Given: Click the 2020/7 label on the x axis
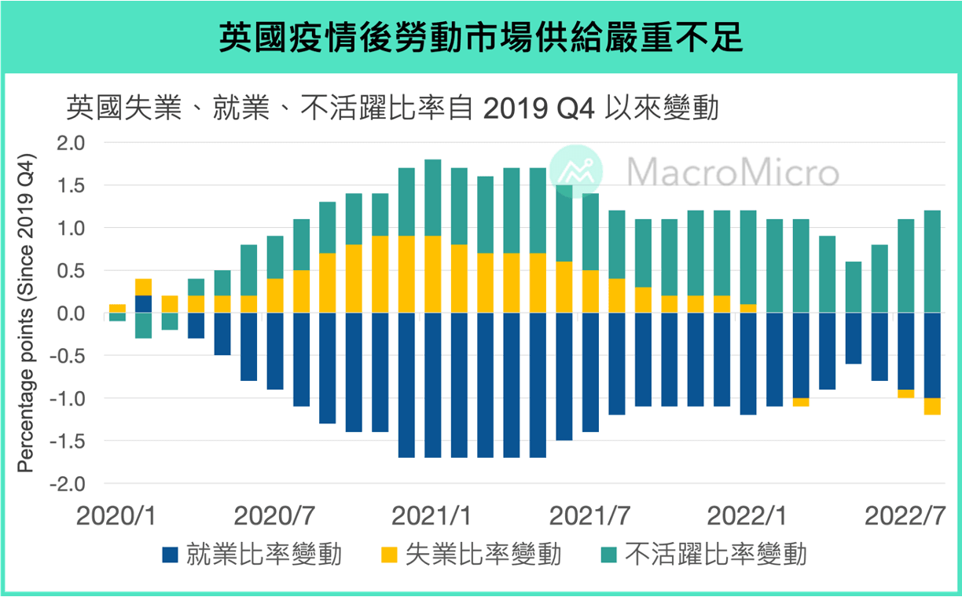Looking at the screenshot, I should coord(275,517).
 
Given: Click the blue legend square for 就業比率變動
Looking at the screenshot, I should coord(171,555).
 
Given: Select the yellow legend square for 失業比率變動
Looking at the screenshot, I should coord(389,555).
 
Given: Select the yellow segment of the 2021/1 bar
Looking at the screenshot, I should coord(433,275).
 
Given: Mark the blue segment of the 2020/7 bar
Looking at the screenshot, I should coord(275,352).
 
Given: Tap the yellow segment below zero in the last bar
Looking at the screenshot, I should coord(932,406).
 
